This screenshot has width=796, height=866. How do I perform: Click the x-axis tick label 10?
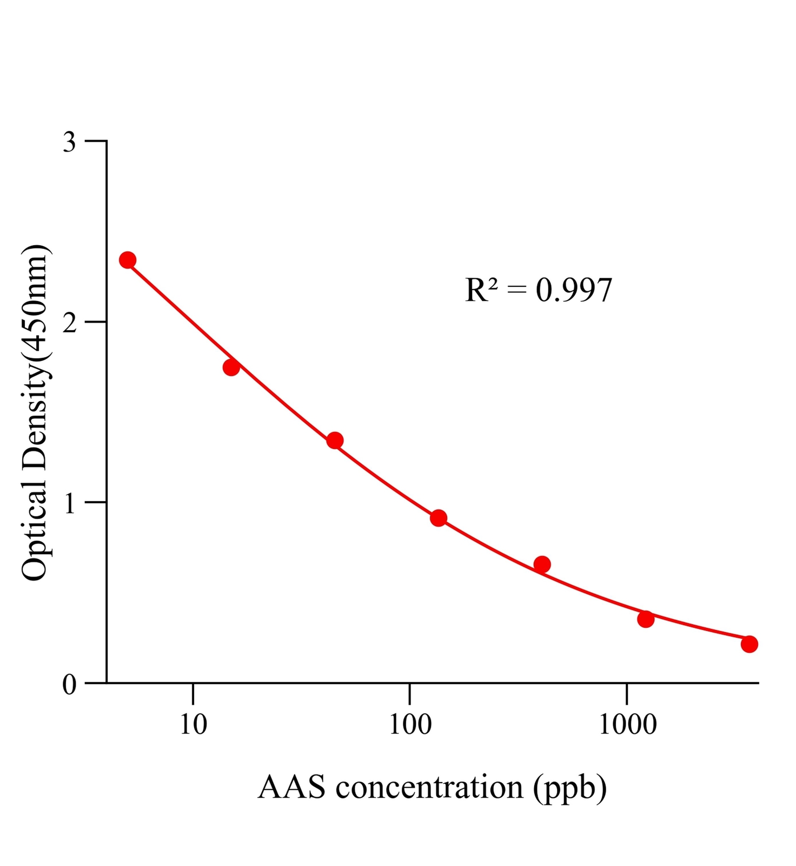click(193, 724)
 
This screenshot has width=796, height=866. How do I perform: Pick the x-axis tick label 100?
click(410, 724)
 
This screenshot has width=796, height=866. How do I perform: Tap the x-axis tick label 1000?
click(627, 724)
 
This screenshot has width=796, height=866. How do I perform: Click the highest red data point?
click(128, 260)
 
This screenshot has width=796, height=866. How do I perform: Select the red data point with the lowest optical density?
click(749, 644)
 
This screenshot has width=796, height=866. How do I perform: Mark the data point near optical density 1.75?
click(231, 368)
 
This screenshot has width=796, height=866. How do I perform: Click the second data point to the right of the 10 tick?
click(335, 441)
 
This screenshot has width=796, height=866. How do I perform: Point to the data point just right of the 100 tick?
click(439, 518)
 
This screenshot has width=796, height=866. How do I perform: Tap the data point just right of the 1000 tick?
click(646, 619)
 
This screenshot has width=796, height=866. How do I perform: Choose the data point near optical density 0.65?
click(542, 565)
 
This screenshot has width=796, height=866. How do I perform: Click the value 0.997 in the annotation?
click(574, 291)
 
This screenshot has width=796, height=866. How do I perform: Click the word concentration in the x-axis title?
click(429, 788)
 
